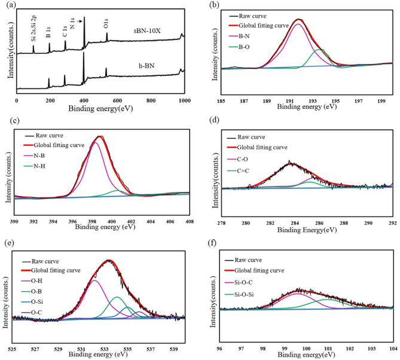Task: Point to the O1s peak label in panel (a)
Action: pos(106,26)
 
